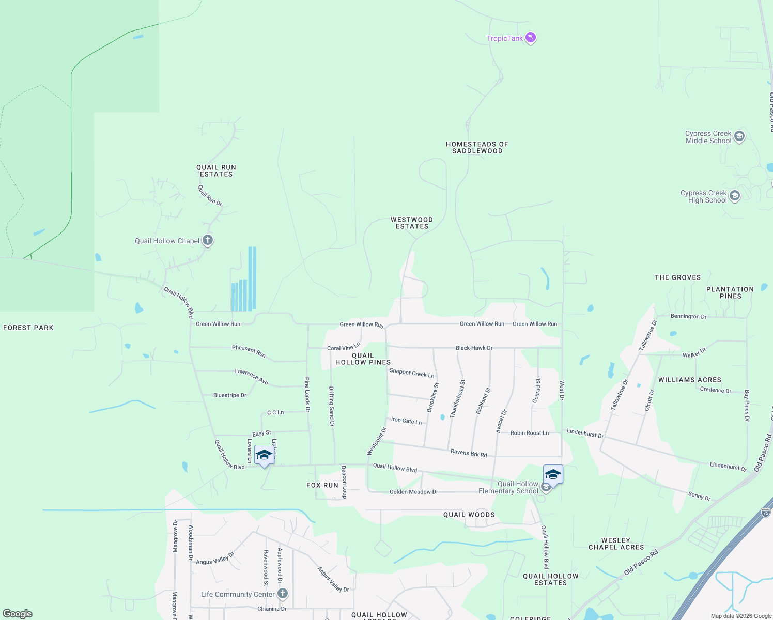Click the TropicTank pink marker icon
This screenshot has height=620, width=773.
[x=531, y=38]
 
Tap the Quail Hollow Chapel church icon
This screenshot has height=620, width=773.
[x=208, y=240]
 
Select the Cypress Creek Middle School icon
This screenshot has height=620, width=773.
[x=739, y=136]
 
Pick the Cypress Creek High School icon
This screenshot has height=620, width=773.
[x=735, y=196]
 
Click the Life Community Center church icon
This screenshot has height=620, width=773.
[x=283, y=594]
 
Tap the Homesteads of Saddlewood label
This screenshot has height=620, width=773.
[x=477, y=148]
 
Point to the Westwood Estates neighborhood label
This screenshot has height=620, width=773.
[x=412, y=223]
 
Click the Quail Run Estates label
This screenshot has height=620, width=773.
[x=216, y=171]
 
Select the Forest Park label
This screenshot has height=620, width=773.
[x=28, y=328]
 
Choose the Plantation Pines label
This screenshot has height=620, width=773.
[x=730, y=293]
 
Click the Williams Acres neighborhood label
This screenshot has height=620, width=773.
[x=689, y=380]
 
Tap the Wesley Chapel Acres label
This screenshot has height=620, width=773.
[x=616, y=544]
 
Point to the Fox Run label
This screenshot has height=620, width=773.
[x=322, y=485]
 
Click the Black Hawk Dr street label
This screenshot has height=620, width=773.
[x=474, y=348]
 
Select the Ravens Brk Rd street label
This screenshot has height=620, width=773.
[x=469, y=453]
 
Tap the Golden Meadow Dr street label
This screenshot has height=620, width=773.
[x=413, y=492]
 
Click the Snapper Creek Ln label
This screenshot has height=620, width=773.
[x=412, y=373]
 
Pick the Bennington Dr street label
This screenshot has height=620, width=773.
[x=688, y=316]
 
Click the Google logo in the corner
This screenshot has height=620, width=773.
[x=18, y=614]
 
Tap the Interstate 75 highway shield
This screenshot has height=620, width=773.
[x=766, y=513]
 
